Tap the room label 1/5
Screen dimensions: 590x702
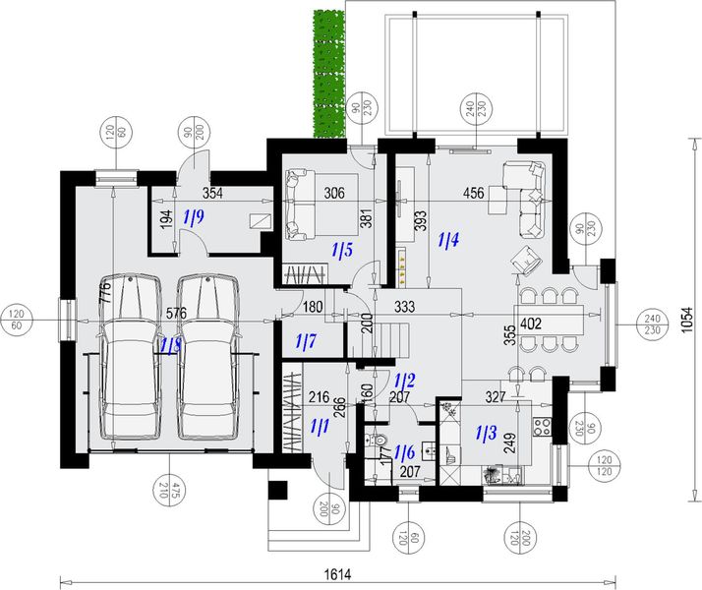click(x=341, y=250)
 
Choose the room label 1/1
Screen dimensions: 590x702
click(x=320, y=427)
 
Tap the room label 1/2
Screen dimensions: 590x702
click(x=404, y=380)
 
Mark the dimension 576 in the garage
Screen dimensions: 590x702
click(x=176, y=314)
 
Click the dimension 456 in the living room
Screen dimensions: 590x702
click(x=473, y=194)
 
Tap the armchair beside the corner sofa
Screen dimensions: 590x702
click(x=526, y=262)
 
